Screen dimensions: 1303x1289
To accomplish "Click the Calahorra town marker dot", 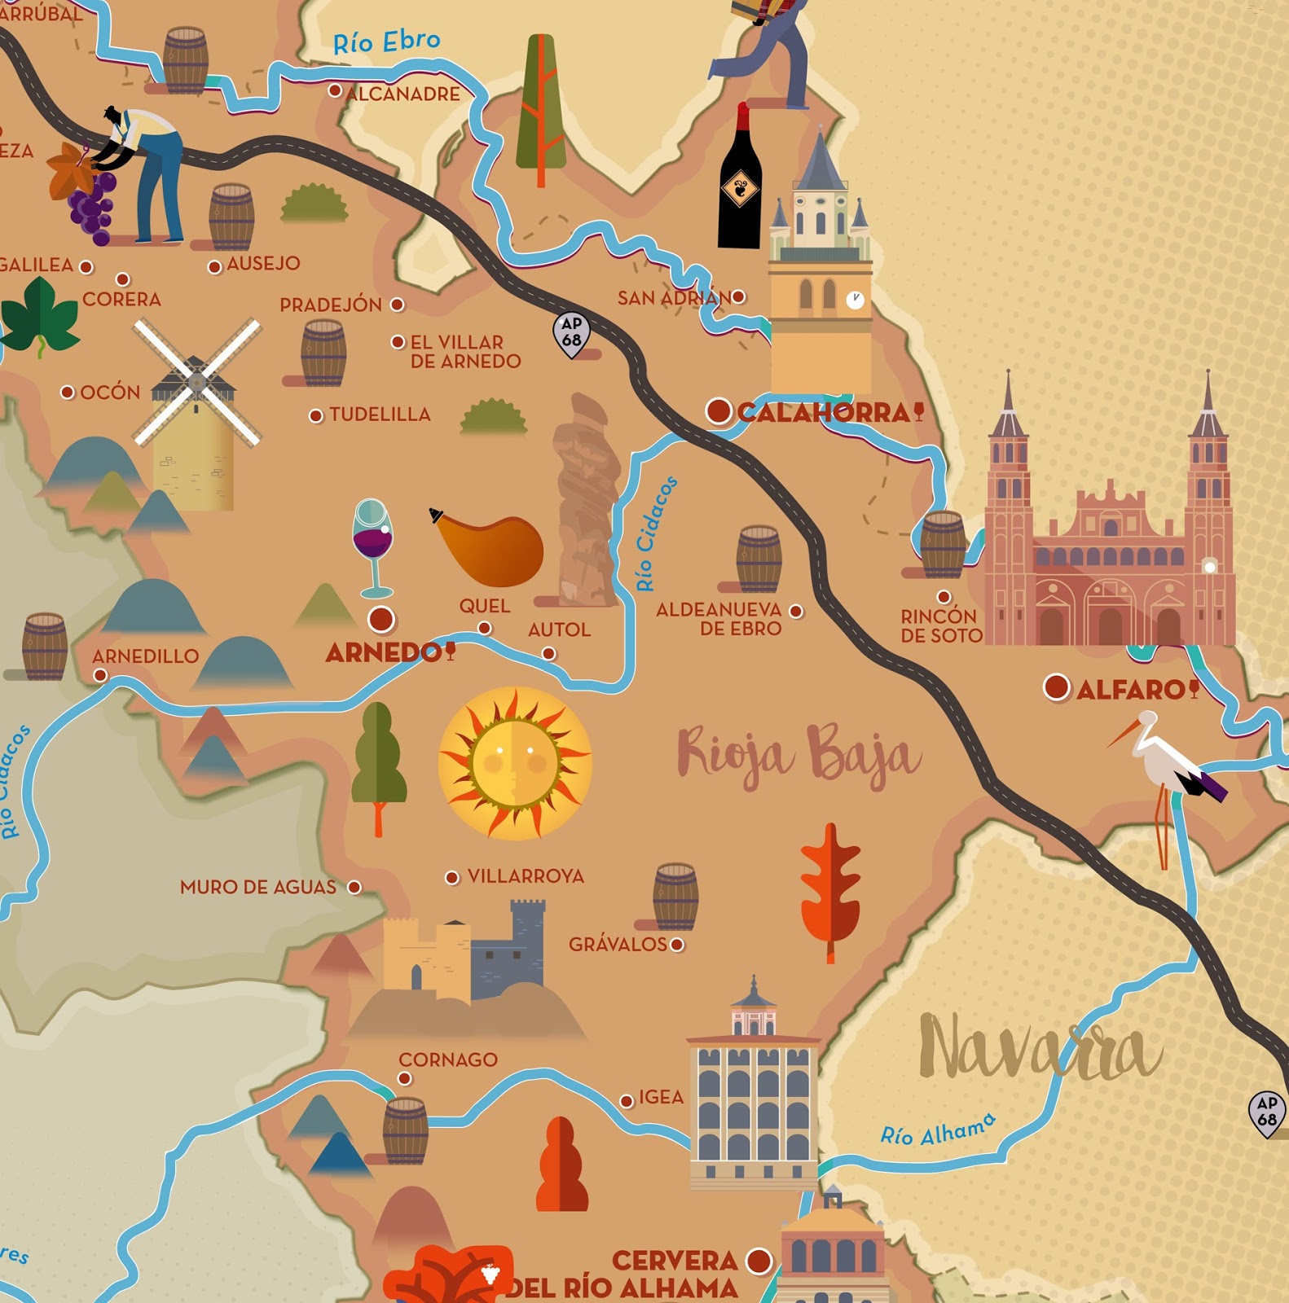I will [719, 410].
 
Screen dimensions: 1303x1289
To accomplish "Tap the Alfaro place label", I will [1130, 691].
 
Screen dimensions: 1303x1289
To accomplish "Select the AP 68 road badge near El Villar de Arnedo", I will [572, 333].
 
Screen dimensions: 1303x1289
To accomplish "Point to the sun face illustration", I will [515, 763].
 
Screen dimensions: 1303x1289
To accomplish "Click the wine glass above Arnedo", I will [373, 544].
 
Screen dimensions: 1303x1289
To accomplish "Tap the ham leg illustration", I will [492, 550].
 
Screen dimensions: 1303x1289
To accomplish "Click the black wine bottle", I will [740, 183].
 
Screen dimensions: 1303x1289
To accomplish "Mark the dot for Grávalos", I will [677, 945].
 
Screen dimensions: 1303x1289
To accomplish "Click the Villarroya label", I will [526, 876].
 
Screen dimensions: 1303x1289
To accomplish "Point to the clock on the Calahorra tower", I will [855, 300].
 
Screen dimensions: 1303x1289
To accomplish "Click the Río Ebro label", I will [386, 42].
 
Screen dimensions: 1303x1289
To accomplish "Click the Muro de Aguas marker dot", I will [354, 887].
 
